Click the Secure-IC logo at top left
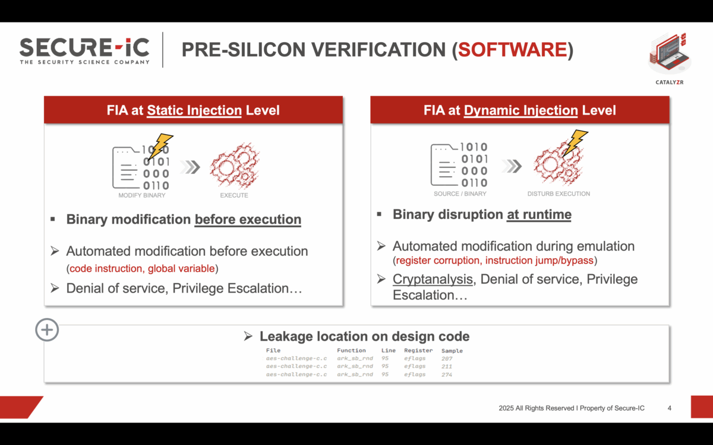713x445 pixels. click(84, 50)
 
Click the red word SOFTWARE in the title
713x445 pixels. click(512, 50)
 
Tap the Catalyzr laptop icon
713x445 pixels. click(669, 53)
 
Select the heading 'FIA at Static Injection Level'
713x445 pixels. click(194, 110)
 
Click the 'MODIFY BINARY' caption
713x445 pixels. click(141, 195)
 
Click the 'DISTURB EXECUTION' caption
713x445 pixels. click(559, 193)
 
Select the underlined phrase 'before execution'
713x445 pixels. click(248, 220)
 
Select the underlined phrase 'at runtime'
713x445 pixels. click(538, 215)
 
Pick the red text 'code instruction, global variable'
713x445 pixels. click(142, 269)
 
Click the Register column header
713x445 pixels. click(418, 351)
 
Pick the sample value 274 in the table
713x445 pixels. click(447, 375)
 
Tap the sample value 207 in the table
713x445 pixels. click(447, 359)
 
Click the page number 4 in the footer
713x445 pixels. click(670, 408)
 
